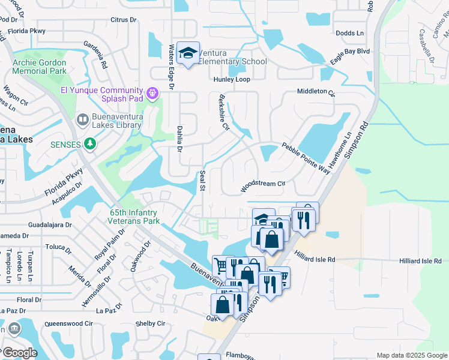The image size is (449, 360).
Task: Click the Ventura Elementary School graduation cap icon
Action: point(188,54)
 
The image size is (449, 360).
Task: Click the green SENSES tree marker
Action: point(89,143)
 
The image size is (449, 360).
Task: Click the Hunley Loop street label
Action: point(231,79)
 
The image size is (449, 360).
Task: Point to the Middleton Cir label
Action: point(316,91)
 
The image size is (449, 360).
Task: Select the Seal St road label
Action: point(202,181)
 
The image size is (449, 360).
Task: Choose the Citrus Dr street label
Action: point(124,20)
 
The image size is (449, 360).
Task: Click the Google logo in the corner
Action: point(20,353)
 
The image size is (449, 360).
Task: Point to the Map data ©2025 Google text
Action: point(411,355)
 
